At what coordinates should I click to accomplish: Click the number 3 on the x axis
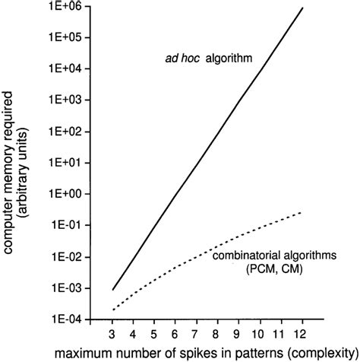click(x=112, y=332)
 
